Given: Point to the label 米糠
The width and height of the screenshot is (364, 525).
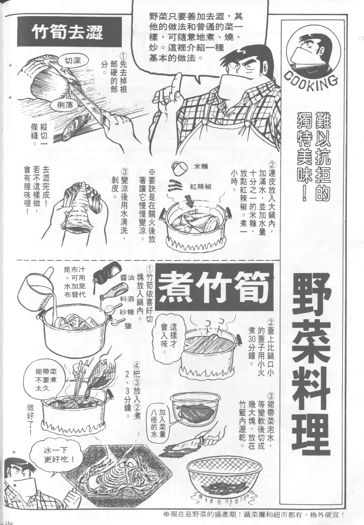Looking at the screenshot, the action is pos(201,167).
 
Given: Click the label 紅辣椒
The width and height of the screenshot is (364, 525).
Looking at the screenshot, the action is pos(200,187).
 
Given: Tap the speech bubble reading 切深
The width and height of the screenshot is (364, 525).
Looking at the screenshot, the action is pos(73,61).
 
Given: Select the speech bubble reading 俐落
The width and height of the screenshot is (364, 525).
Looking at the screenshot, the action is pos(65,105).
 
